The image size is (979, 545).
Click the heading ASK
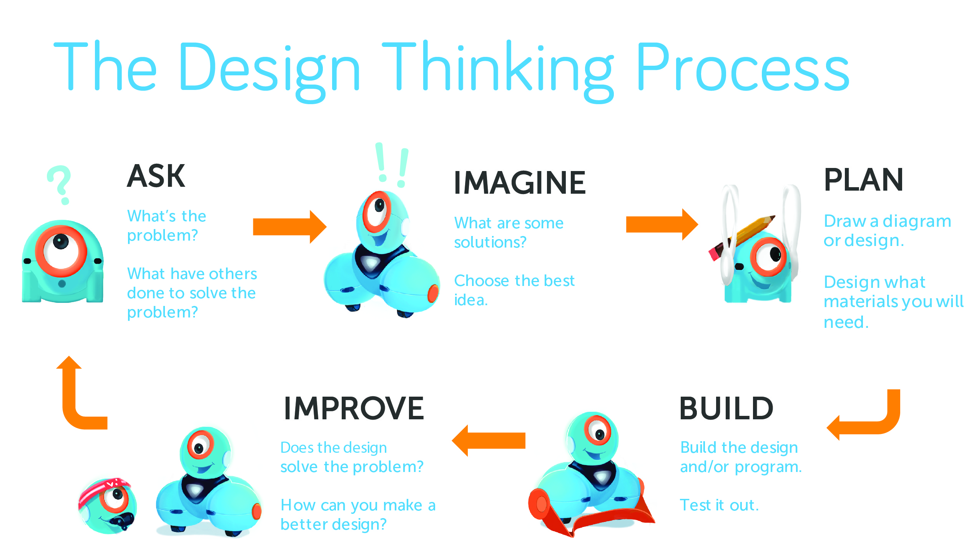[156, 176]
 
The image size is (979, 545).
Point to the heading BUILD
[726, 408]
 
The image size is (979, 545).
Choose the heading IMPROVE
[354, 408]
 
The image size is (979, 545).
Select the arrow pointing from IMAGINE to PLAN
[661, 224]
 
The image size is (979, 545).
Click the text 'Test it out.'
[719, 505]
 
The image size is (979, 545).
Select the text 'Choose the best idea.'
[514, 290]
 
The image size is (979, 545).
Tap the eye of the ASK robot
[61, 251]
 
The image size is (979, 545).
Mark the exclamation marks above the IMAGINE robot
[392, 165]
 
